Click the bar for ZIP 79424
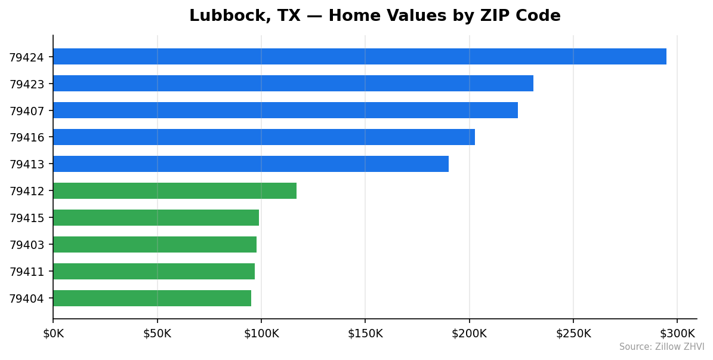click(x=359, y=57)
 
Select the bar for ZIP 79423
click(x=293, y=84)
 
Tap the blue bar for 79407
click(x=285, y=110)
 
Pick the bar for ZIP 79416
click(x=264, y=137)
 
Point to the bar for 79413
click(x=251, y=164)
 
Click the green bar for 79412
click(x=175, y=191)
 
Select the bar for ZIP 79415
click(x=156, y=218)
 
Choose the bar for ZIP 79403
click(x=155, y=245)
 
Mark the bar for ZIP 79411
click(x=154, y=272)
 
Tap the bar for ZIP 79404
click(x=152, y=299)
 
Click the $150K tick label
click(x=365, y=334)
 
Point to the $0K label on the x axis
click(x=53, y=334)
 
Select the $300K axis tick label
click(x=677, y=334)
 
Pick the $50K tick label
click(x=157, y=334)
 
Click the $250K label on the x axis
click(x=573, y=334)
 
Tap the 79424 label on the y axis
click(x=26, y=57)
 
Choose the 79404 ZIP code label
click(x=26, y=299)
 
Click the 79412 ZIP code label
click(x=26, y=192)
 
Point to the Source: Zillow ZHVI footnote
click(x=661, y=347)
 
